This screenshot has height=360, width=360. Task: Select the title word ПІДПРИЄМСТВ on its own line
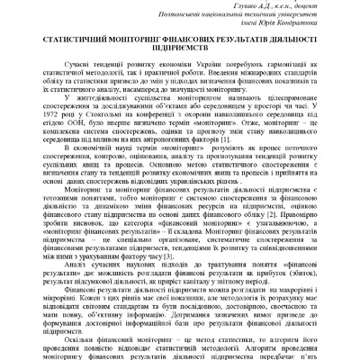(x=180, y=53)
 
